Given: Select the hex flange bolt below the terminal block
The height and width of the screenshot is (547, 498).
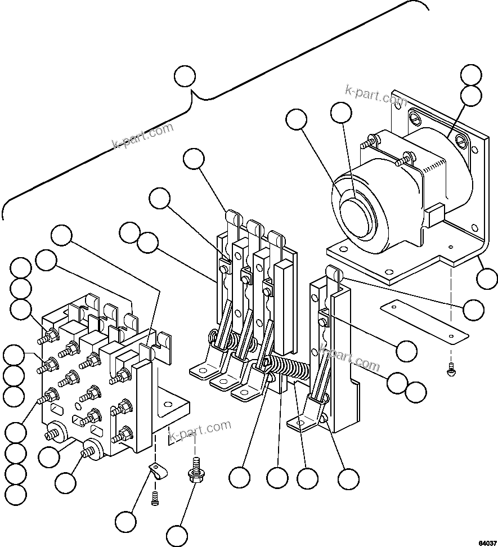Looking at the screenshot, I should (195, 472).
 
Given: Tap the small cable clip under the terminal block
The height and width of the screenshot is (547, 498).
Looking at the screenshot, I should (158, 472).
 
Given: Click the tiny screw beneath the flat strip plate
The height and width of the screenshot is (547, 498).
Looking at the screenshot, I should (451, 370).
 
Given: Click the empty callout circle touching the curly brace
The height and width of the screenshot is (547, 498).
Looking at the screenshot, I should (185, 77).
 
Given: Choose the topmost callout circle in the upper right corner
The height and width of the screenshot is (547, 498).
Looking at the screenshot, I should (471, 75).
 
